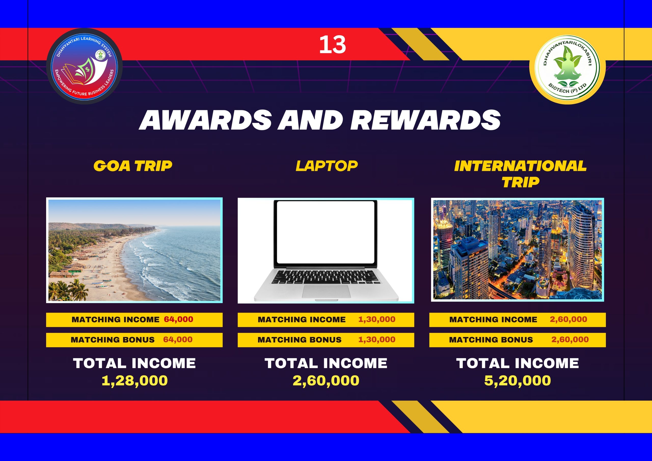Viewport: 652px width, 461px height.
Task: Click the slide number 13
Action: pyautogui.click(x=333, y=45)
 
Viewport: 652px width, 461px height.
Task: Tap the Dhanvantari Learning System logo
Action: pyautogui.click(x=84, y=66)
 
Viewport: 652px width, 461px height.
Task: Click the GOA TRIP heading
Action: pyautogui.click(x=133, y=166)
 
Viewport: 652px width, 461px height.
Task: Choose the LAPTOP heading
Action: pyautogui.click(x=327, y=166)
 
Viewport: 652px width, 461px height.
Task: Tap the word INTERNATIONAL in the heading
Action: pyautogui.click(x=520, y=166)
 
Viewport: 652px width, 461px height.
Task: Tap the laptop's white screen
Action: pyautogui.click(x=326, y=232)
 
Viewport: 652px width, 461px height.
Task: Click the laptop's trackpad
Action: pyautogui.click(x=326, y=291)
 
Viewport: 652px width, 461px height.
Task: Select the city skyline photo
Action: pyautogui.click(x=517, y=250)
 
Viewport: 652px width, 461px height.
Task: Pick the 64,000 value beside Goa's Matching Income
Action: pyautogui.click(x=179, y=319)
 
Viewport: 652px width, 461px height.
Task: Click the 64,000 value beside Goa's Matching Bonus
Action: pyautogui.click(x=178, y=340)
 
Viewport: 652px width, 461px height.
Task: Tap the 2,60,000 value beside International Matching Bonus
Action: pyautogui.click(x=570, y=340)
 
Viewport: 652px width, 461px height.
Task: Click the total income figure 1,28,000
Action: pyautogui.click(x=135, y=381)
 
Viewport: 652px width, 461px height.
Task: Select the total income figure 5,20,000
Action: pyautogui.click(x=517, y=381)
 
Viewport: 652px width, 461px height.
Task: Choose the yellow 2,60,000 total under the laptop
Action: pyautogui.click(x=326, y=381)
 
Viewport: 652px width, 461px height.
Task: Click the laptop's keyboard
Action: pyautogui.click(x=326, y=277)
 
